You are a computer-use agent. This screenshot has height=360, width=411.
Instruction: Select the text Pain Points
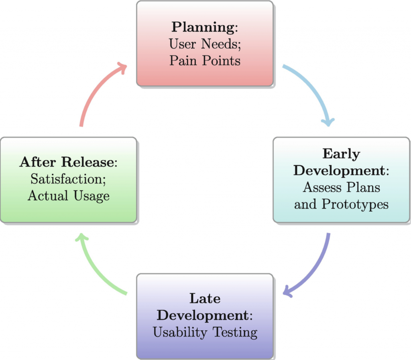coord(205,60)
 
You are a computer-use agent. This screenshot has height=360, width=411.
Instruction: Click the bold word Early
coord(341,154)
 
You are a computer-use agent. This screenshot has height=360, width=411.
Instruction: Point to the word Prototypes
coord(355,204)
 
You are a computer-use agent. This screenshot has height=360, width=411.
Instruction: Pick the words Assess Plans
coord(341,187)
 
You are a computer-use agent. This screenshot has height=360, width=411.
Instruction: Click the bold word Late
coord(205,299)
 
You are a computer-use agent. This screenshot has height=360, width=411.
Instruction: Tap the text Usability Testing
coord(205,332)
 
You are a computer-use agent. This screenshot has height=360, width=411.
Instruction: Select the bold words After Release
coord(67,162)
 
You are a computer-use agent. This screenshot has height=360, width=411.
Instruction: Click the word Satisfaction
coord(67,179)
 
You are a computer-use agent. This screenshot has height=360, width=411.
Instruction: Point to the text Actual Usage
coord(68,196)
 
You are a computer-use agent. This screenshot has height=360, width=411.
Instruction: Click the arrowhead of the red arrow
coord(121,67)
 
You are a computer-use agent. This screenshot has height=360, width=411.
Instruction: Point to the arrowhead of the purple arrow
coord(288,292)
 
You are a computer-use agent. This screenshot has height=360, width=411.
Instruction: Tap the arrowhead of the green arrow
coord(81,240)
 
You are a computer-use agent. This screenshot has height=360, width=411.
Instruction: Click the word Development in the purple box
coord(203,316)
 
